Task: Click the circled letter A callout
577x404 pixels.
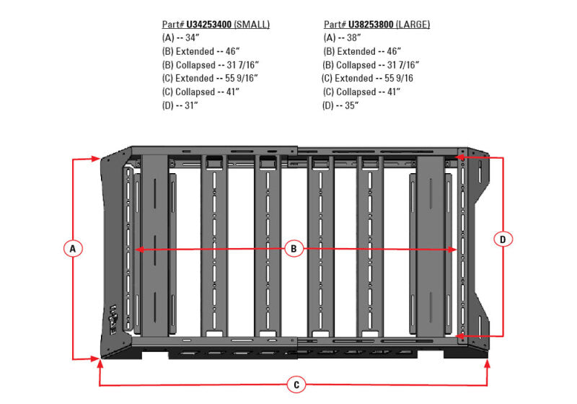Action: point(72,249)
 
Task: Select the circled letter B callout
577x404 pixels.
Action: point(294,249)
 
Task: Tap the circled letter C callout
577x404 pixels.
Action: point(296,385)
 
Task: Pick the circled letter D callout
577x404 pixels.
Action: point(503,238)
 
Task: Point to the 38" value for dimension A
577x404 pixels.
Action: point(351,38)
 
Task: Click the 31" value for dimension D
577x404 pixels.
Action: point(190,105)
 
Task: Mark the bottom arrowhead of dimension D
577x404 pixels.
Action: point(462,335)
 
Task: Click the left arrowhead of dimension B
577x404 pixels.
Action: point(134,249)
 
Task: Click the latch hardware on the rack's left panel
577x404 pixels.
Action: point(113,317)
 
